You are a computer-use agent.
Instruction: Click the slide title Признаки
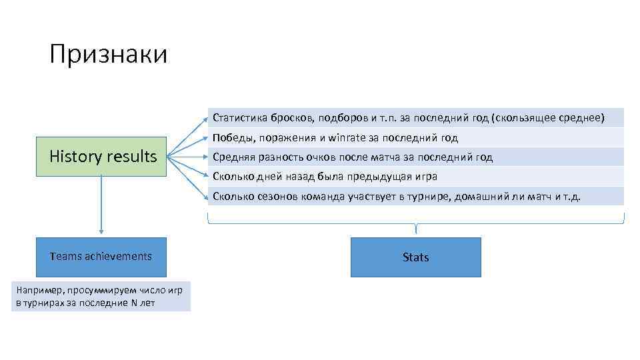coord(108,54)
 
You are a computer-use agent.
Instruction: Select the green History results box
coord(101,157)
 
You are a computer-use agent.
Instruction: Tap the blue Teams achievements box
coord(101,257)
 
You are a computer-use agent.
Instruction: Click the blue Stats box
coord(415,257)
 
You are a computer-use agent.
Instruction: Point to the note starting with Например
coord(101,296)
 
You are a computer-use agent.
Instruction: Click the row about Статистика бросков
coord(416,118)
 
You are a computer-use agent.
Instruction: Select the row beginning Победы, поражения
coord(416,138)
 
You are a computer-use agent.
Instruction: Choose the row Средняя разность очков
coord(416,157)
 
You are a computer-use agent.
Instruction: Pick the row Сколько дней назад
coord(416,177)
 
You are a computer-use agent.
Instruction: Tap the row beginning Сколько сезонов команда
coord(416,196)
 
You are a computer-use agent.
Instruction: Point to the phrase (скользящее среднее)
coord(547,119)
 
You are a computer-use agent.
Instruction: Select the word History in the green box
coord(75,157)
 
